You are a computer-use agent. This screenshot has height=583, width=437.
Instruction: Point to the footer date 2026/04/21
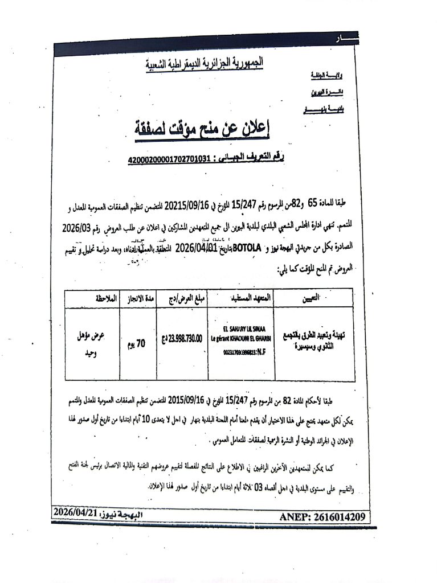click(x=77, y=513)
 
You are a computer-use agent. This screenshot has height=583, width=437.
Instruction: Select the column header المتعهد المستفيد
click(x=240, y=298)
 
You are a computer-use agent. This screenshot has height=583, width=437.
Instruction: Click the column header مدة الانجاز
click(x=134, y=298)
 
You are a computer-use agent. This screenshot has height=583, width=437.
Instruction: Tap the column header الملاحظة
click(x=94, y=298)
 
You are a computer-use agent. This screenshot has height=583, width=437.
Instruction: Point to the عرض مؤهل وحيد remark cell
click(x=93, y=344)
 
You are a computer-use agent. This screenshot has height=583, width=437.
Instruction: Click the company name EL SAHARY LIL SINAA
click(x=242, y=329)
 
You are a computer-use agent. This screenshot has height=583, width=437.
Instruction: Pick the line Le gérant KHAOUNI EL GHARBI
click(x=240, y=337)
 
